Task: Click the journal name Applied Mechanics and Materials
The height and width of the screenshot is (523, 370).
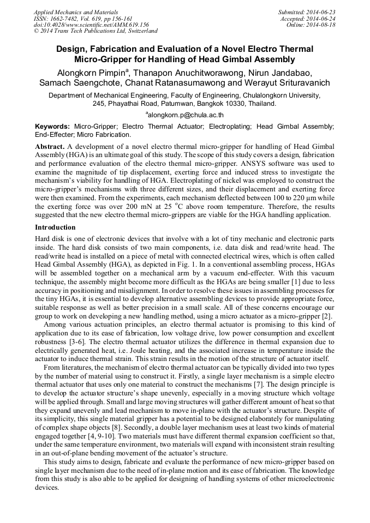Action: click(75, 12)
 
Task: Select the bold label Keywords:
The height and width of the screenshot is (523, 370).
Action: click(52, 127)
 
